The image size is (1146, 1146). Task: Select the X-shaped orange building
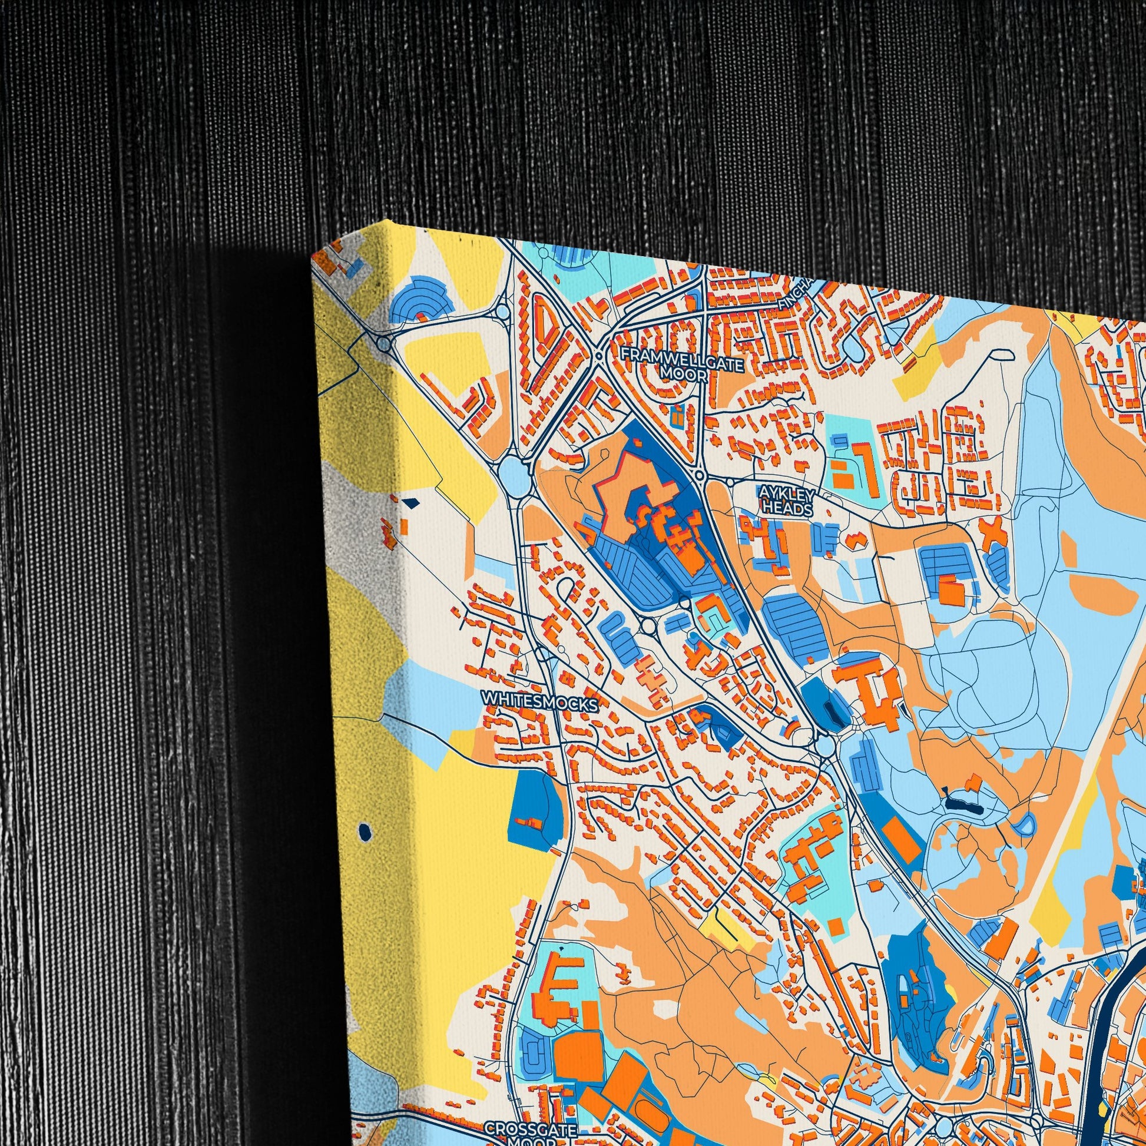click(992, 531)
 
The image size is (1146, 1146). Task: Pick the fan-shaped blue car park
click(421, 300)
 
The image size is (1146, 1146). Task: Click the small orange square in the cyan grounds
click(836, 926)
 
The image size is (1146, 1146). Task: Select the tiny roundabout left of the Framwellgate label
click(598, 356)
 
